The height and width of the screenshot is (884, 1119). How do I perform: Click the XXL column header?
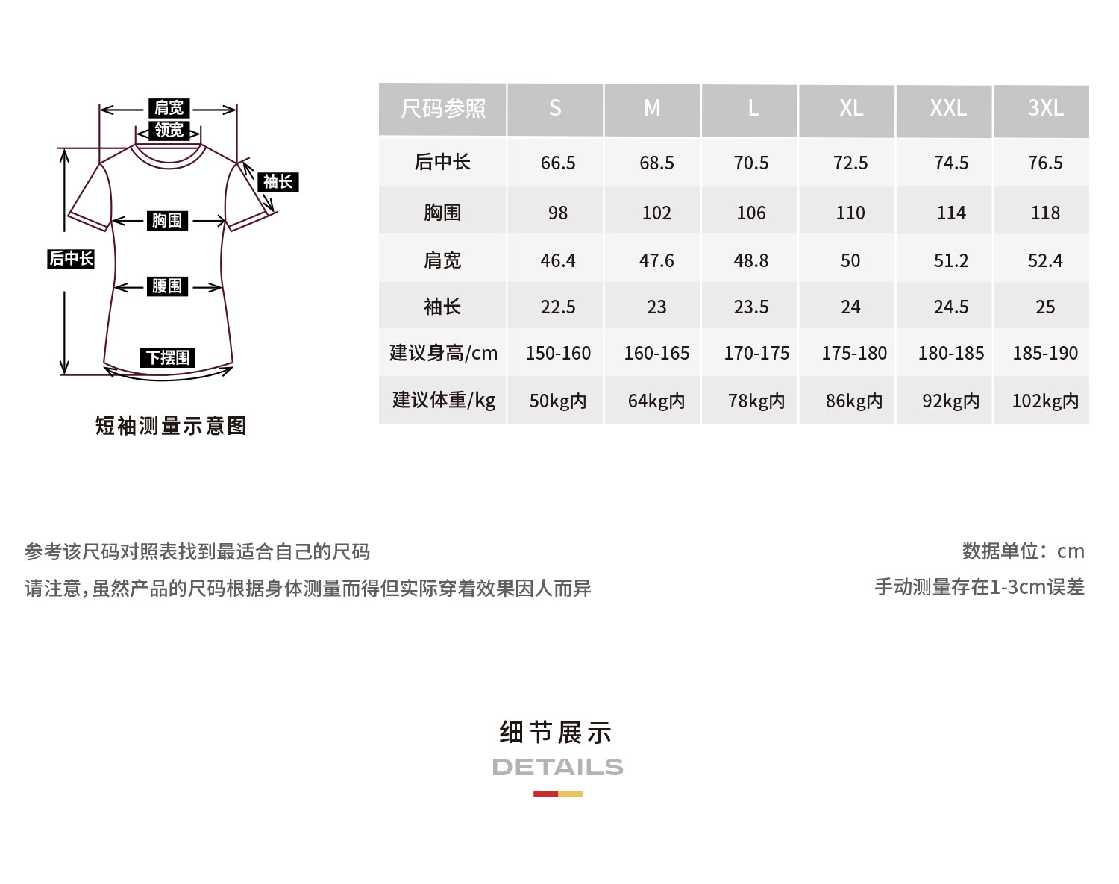[x=948, y=109]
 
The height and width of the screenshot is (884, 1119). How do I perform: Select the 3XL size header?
[x=1045, y=109]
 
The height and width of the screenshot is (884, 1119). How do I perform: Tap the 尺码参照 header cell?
[x=443, y=109]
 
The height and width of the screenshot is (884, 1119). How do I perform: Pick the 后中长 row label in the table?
[x=442, y=162]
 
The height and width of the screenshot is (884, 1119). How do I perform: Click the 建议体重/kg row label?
[x=444, y=400]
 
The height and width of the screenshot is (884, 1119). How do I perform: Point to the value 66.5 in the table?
[x=558, y=163]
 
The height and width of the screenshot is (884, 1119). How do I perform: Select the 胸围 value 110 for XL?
[x=850, y=213]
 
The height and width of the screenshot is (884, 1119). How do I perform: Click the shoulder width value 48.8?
[x=751, y=260]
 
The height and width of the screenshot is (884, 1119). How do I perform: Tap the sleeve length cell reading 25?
[x=1045, y=307]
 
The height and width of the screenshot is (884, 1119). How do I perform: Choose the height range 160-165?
[x=656, y=353]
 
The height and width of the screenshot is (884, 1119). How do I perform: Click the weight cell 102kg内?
[x=1045, y=401]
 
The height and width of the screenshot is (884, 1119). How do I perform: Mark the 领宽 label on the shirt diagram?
[x=169, y=130]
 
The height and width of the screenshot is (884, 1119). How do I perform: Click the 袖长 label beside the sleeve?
[x=278, y=181]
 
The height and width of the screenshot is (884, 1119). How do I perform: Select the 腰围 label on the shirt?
[x=167, y=286]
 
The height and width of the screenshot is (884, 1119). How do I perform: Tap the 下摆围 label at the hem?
[x=168, y=357]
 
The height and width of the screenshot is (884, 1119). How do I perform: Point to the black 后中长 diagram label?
[x=71, y=259]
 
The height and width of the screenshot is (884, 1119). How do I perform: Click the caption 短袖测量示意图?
[x=171, y=426]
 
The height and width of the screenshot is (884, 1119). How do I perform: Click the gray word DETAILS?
[x=558, y=767]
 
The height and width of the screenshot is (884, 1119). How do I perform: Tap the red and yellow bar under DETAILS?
[x=558, y=794]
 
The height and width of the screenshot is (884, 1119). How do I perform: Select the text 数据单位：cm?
[x=1023, y=551]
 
